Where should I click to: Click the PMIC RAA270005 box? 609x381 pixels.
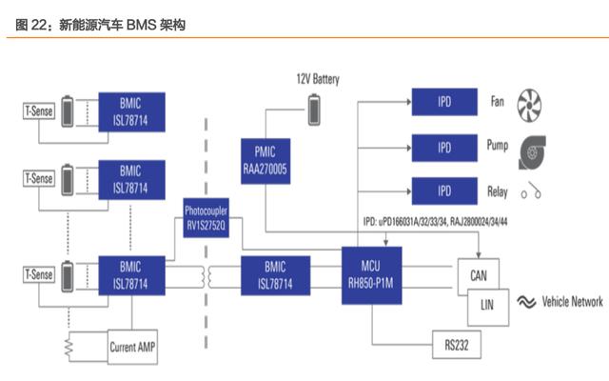point(265,161)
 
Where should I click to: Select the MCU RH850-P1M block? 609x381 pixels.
point(371,275)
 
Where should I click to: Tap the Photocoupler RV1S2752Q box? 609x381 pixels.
point(206,218)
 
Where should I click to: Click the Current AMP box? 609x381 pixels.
point(132,347)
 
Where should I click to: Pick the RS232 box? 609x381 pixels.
point(457,345)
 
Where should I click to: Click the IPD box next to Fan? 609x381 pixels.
point(444,102)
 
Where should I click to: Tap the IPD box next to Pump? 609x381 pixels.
point(444,148)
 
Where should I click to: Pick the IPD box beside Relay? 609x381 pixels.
point(444,190)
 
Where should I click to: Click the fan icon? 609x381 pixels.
point(529,105)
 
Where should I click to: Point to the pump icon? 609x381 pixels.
point(532,152)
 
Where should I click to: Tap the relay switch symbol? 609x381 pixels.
point(531,190)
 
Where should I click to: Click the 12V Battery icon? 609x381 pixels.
point(314,110)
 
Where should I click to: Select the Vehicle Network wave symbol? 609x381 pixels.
point(526,302)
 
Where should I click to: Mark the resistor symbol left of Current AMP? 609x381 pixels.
point(69,347)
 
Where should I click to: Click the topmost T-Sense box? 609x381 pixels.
point(39,111)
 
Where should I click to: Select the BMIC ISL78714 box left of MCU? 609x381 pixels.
point(275,275)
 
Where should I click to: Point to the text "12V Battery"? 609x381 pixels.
point(318,79)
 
